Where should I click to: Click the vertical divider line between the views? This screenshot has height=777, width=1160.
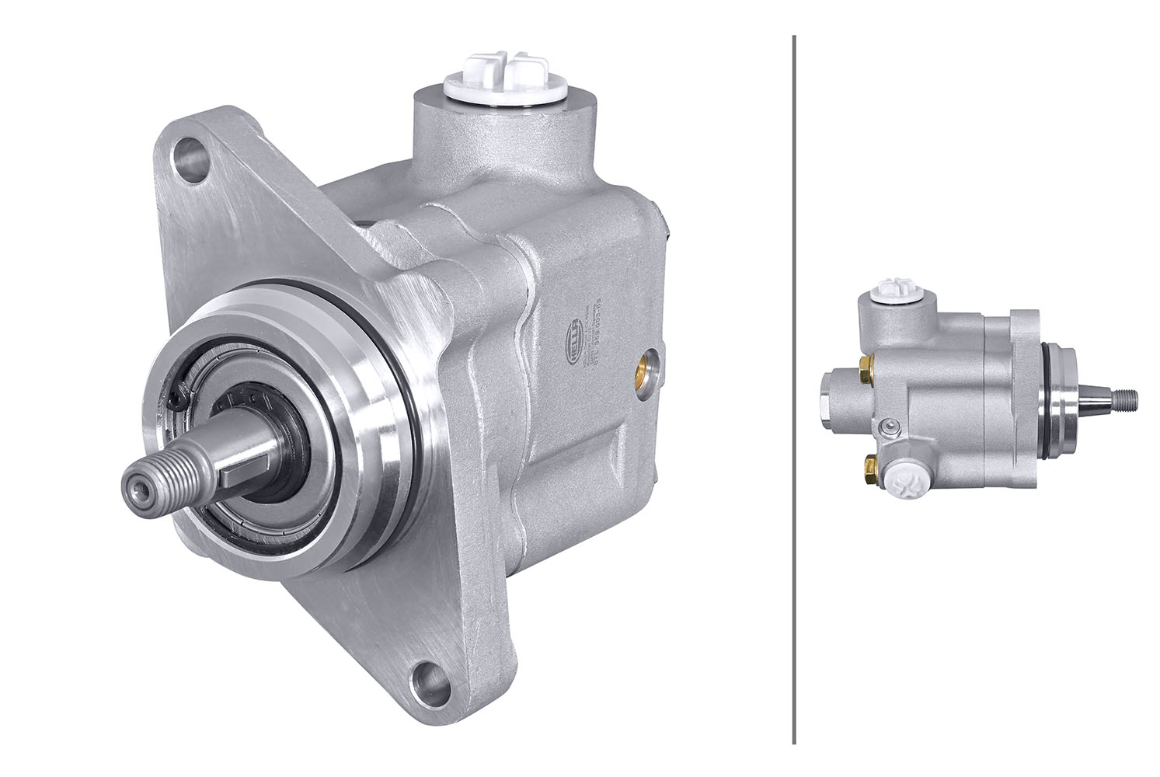pyautogui.click(x=793, y=388)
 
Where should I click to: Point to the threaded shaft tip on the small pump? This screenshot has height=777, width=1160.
pyautogui.click(x=1127, y=399)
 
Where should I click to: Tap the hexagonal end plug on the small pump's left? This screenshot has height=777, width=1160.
pyautogui.click(x=828, y=396)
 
